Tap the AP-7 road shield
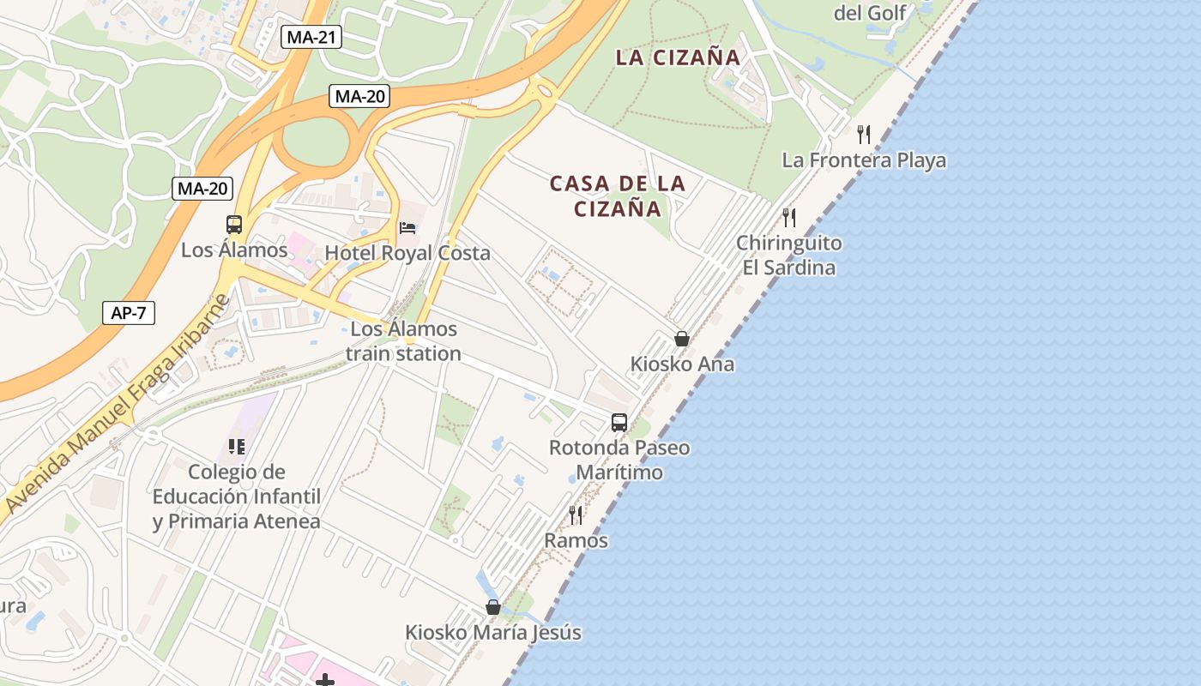tap(128, 313)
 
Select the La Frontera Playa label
tap(864, 160)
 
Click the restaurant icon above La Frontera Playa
tap(864, 135)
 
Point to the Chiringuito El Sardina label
tap(789, 256)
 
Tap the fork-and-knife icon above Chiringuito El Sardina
tap(789, 218)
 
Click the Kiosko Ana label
tap(682, 364)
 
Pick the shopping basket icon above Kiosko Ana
tap(682, 340)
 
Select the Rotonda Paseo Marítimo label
tap(619, 460)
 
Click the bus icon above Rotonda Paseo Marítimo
tap(619, 423)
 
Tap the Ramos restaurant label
tap(576, 540)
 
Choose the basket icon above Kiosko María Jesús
tap(493, 608)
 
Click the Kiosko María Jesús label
tap(493, 633)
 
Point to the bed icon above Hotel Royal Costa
tap(407, 228)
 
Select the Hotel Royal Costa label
tap(407, 253)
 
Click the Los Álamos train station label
tap(403, 341)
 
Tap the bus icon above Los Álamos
tap(234, 225)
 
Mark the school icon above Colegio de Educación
tap(237, 447)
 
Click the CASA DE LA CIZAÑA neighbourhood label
tap(618, 196)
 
